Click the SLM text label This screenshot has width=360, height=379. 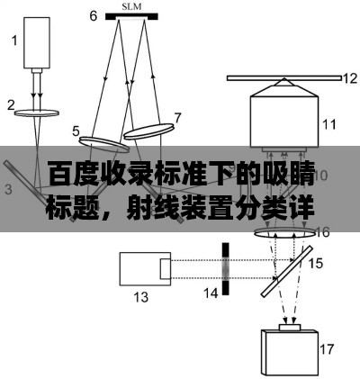tap(131, 6)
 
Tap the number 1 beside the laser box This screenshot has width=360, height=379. tap(14, 41)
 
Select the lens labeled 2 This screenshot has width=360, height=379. tap(37, 113)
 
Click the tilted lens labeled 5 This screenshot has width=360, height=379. tap(104, 144)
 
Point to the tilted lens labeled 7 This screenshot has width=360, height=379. tap(148, 131)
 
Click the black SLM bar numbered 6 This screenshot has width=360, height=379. tap(131, 16)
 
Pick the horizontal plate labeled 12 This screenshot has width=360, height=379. tap(284, 78)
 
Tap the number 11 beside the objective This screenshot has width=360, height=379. tap(329, 124)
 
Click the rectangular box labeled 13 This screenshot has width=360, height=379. tap(145, 268)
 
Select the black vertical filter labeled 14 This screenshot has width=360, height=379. tap(225, 269)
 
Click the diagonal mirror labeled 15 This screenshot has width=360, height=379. tap(287, 272)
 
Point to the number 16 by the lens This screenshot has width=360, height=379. tap(323, 232)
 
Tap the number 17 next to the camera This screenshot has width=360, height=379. tap(327, 349)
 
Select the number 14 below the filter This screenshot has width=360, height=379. tap(211, 293)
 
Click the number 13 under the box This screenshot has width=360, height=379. tap(140, 297)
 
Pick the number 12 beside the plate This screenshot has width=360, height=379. tap(350, 78)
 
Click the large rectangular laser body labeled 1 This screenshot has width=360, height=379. tap(37, 42)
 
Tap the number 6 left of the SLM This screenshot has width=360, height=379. tap(94, 16)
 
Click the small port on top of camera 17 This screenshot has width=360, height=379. tap(290, 327)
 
